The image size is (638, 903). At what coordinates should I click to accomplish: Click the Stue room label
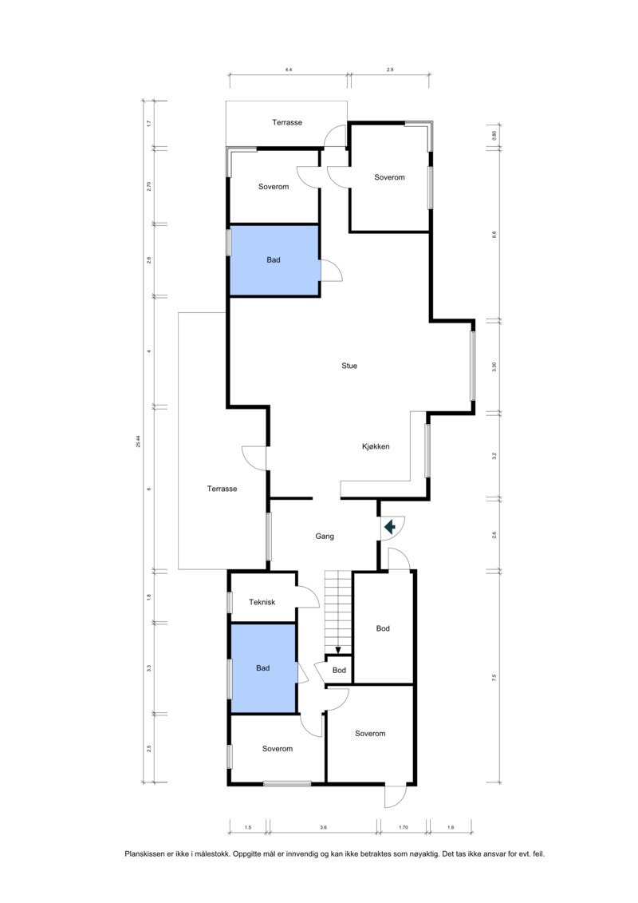pos(349,366)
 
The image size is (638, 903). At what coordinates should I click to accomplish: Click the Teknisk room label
pos(262,603)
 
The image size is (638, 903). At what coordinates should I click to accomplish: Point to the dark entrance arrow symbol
pos(391,527)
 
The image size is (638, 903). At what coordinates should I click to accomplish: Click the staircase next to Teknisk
pos(337,611)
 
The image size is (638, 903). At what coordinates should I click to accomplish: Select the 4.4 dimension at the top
pos(288,70)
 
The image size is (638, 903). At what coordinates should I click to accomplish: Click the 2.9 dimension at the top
pos(390,70)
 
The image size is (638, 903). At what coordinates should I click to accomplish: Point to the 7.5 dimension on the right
pos(494,678)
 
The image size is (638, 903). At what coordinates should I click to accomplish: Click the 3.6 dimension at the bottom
pos(323,827)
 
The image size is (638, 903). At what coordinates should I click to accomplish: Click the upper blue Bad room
pos(274,261)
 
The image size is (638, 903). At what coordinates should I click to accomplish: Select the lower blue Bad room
pos(263,668)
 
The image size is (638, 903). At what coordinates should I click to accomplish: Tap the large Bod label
pos(383,629)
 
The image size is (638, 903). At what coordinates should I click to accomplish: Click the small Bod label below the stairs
pos(339,671)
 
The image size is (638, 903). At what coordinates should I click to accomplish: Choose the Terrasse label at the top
pos(286,123)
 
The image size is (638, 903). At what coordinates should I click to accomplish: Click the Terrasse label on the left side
pos(223,489)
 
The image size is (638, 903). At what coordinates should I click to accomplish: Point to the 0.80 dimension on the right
pos(494,135)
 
